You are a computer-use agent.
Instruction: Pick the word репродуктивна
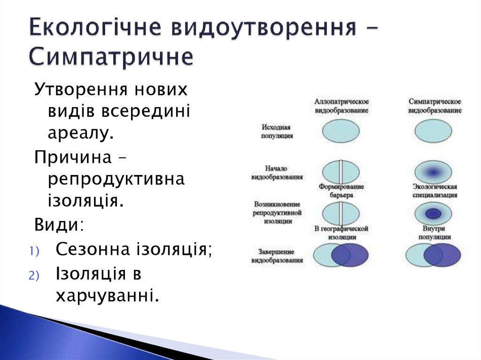(x=116, y=180)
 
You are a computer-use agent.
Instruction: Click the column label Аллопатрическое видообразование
(x=341, y=106)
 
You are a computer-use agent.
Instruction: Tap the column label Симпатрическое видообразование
(x=434, y=106)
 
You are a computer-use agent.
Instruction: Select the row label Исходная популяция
(x=277, y=131)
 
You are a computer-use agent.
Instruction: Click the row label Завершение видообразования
(x=277, y=255)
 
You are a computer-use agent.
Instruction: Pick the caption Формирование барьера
(x=341, y=191)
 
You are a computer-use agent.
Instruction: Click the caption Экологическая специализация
(x=434, y=191)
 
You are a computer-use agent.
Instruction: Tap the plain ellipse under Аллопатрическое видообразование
(x=341, y=131)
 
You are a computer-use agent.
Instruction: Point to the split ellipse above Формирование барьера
(x=341, y=172)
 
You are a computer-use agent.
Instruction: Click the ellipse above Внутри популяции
(x=434, y=214)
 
